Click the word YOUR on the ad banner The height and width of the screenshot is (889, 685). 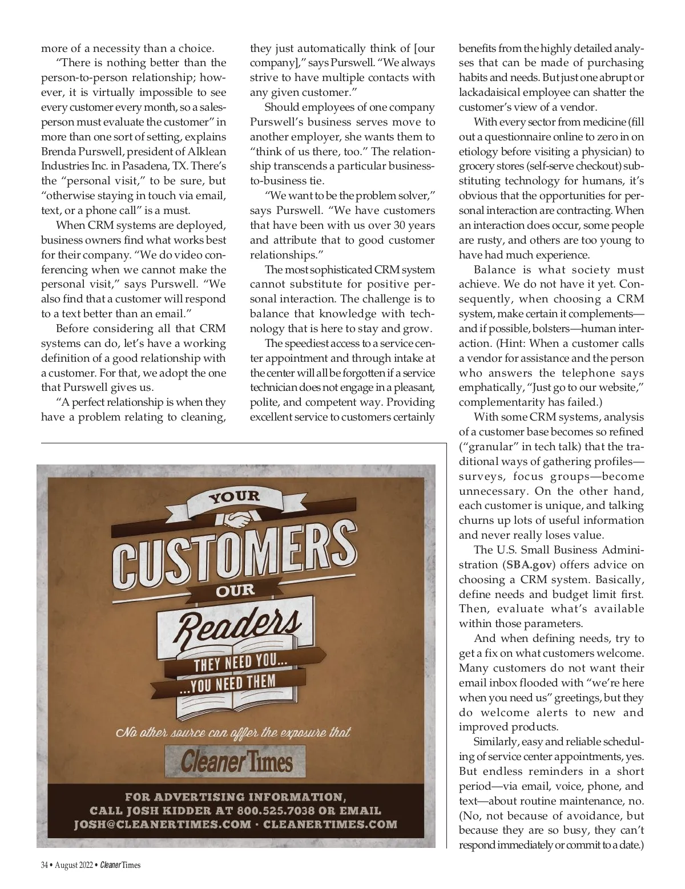234,497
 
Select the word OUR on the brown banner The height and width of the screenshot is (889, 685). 235,590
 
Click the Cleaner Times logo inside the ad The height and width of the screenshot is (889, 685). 236,762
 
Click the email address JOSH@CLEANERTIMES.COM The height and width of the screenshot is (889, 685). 162,824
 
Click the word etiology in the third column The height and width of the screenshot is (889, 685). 478,152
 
